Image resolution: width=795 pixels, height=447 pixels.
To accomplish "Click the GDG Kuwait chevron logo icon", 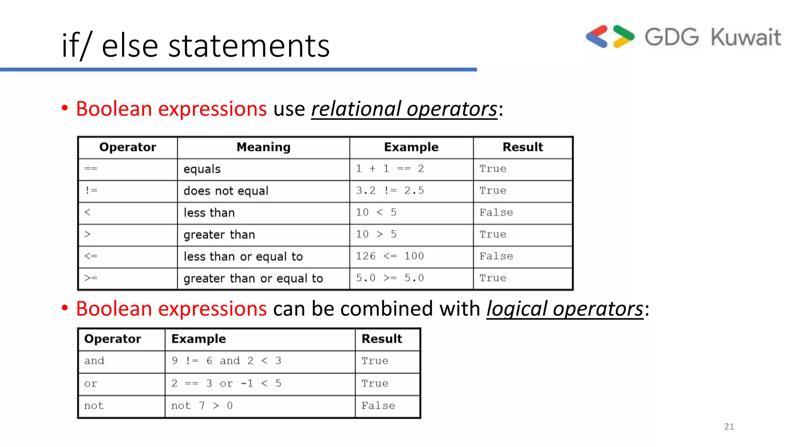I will pyautogui.click(x=610, y=37).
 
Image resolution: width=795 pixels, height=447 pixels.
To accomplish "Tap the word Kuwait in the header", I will pyautogui.click(x=745, y=37).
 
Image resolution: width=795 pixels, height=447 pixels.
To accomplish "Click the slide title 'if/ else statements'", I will pyautogui.click(x=196, y=46).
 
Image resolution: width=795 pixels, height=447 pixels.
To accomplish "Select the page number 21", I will pyautogui.click(x=729, y=426).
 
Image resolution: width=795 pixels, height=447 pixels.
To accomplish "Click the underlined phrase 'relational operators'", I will pyautogui.click(x=404, y=109).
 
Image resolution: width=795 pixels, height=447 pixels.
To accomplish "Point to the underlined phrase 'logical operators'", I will pyautogui.click(x=565, y=309).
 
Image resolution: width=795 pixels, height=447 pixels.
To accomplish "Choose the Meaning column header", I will pyautogui.click(x=264, y=147).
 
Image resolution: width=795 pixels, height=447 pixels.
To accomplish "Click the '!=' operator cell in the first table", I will pyautogui.click(x=92, y=191).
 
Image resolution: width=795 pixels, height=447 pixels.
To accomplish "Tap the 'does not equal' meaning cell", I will pyautogui.click(x=226, y=191).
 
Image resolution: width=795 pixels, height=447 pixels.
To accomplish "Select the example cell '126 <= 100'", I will pyautogui.click(x=390, y=256).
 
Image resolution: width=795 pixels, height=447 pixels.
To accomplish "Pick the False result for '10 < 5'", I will pyautogui.click(x=496, y=212).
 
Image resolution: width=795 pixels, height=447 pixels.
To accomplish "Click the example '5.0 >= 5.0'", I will pyautogui.click(x=390, y=278).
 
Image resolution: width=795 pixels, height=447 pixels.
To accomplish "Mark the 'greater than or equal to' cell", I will pyautogui.click(x=253, y=278).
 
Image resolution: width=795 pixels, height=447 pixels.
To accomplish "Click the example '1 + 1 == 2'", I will pyautogui.click(x=390, y=169).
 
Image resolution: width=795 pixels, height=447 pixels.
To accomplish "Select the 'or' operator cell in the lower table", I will pyautogui.click(x=91, y=383).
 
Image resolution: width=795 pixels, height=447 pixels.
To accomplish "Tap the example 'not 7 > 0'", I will pyautogui.click(x=202, y=406).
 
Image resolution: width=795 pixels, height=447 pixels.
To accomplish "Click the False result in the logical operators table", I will pyautogui.click(x=378, y=406).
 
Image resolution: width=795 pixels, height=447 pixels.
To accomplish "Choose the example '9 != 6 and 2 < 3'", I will pyautogui.click(x=226, y=361).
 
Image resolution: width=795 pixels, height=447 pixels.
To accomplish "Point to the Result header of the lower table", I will pyautogui.click(x=382, y=339).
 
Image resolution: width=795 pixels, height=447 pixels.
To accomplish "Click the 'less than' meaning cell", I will pyautogui.click(x=209, y=213).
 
